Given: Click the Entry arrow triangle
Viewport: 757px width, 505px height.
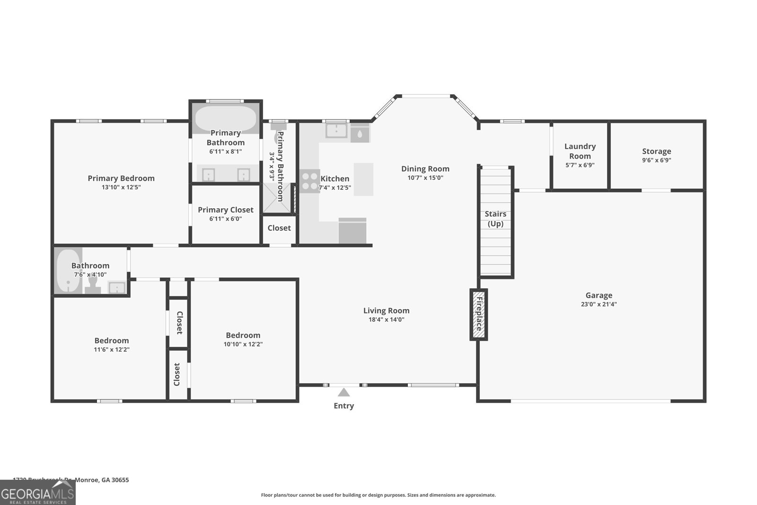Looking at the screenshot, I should tap(343, 392).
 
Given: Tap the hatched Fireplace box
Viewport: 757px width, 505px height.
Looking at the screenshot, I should tap(478, 314).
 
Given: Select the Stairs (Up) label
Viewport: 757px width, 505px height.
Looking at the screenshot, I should tap(495, 219).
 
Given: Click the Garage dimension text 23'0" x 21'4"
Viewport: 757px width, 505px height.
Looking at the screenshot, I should tap(599, 304).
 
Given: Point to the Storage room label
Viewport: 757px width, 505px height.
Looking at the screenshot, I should tap(656, 151).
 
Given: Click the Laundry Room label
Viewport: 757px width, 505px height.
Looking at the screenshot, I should tap(580, 151).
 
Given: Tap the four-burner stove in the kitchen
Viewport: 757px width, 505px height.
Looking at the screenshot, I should tap(309, 181).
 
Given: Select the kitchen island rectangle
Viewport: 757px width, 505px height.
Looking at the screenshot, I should tap(363, 179).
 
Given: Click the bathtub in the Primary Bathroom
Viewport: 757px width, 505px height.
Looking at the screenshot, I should tap(225, 119).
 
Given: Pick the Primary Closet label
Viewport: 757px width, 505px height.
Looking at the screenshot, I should tap(225, 210).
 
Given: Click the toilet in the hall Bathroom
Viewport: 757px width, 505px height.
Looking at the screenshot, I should tap(93, 283).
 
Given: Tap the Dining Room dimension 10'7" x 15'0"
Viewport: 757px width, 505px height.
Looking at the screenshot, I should tap(425, 178).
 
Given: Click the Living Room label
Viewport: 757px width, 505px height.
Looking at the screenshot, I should tap(386, 310).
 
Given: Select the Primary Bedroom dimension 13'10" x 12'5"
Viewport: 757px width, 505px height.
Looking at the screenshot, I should tap(121, 187).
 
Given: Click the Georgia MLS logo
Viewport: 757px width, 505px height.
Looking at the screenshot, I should tap(37, 493).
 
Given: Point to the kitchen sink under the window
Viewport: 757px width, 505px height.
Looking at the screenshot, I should tap(336, 130).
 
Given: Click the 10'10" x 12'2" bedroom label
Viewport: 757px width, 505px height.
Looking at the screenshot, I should tap(243, 335).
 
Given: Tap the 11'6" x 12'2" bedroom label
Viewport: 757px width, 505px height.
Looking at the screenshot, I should tap(111, 340).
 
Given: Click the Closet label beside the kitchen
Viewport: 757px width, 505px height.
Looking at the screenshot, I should tap(279, 228).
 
